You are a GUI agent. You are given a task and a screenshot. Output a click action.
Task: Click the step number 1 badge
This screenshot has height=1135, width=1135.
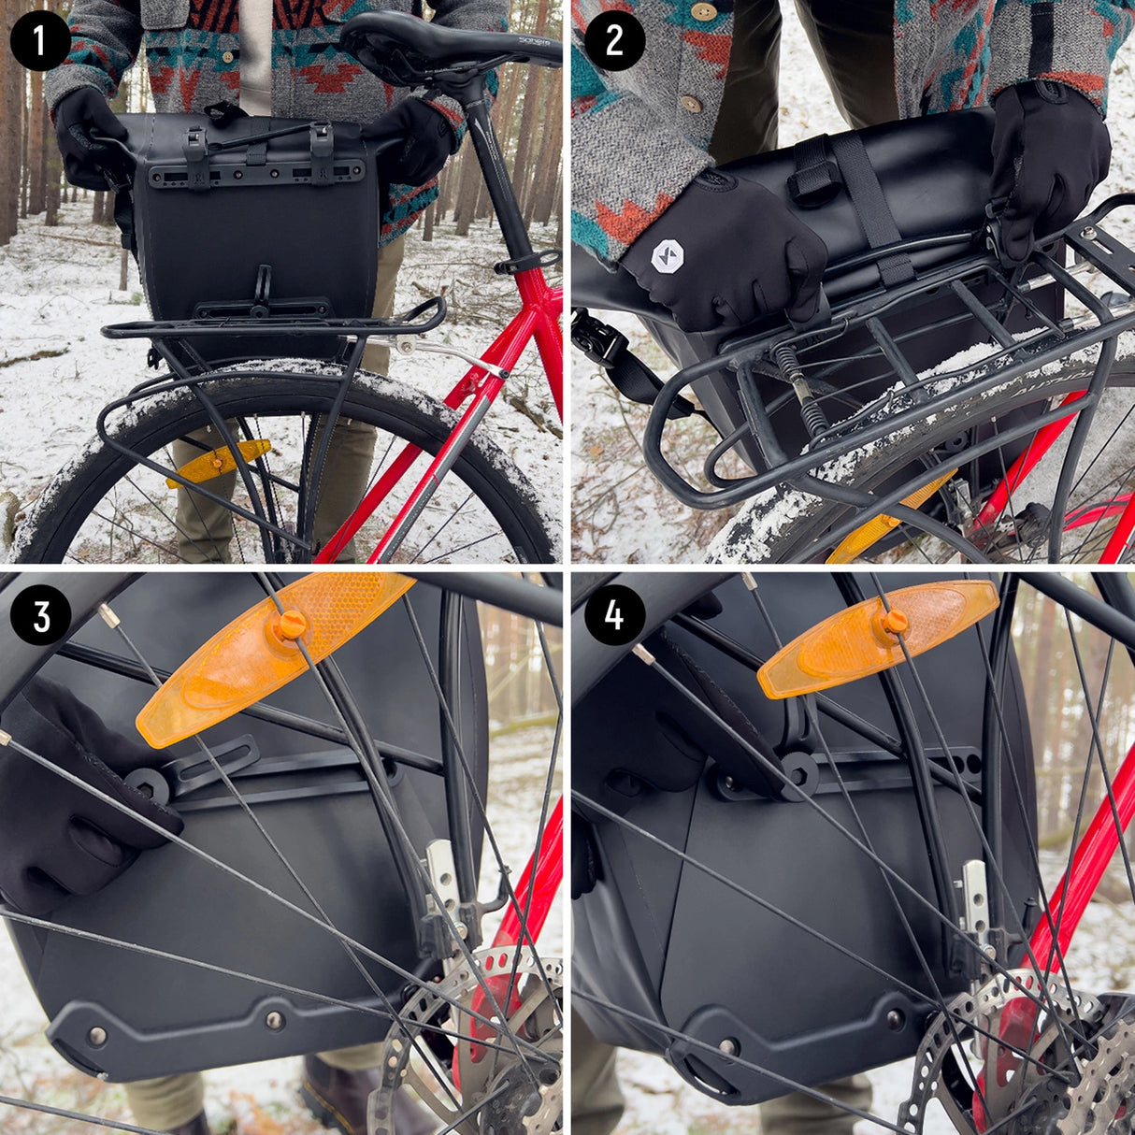point(40,41)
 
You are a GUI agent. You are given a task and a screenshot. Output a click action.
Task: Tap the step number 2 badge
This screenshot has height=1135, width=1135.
point(614,41)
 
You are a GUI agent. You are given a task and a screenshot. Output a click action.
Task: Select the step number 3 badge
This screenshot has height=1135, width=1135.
point(40,616)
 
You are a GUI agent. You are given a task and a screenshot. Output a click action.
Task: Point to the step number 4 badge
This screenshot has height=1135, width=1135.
point(614,616)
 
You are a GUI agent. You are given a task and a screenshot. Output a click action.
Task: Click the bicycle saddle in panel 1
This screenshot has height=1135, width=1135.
point(439,42)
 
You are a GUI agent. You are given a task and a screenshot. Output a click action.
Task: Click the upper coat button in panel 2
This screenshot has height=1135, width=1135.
point(703,11)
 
